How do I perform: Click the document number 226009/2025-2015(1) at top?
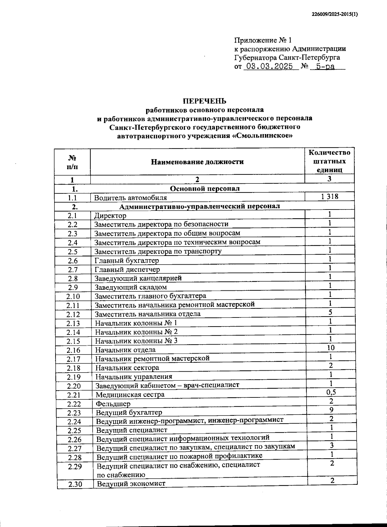(x=335, y=15)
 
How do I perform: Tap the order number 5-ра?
(x=325, y=67)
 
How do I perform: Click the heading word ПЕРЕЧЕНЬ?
(x=204, y=101)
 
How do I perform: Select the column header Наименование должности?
(x=197, y=162)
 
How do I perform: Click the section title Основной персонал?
(x=204, y=189)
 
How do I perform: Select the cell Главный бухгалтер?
(x=127, y=260)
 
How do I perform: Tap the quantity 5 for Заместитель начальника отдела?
(x=330, y=312)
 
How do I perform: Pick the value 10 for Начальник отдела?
(x=330, y=347)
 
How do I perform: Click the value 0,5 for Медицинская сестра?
(x=331, y=392)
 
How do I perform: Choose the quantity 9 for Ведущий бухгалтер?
(x=331, y=410)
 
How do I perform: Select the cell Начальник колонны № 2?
(x=136, y=332)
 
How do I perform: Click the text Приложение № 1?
(x=263, y=40)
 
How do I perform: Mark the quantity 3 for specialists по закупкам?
(x=332, y=445)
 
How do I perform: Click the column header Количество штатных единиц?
(x=329, y=161)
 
